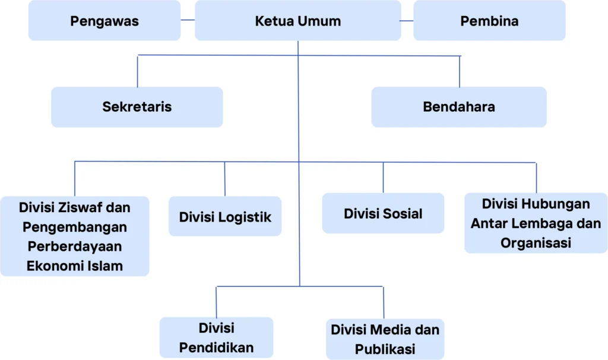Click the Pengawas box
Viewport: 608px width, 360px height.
104,20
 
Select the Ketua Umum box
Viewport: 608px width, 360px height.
298,20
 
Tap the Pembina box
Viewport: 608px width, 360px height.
489,20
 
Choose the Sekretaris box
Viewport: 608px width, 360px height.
137,107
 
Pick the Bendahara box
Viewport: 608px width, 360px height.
459,107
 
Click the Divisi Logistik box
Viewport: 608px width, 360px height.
225,216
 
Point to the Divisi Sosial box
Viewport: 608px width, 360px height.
383,213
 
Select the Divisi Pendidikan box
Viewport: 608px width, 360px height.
216,337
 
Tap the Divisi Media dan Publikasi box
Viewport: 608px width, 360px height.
385,339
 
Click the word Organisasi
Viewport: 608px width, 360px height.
536,243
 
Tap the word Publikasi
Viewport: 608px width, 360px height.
385,349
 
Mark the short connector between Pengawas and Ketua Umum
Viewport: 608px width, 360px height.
188,20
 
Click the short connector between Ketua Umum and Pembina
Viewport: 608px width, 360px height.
407,21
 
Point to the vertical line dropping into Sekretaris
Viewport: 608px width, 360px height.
137,71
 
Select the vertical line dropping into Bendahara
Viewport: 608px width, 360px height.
460,71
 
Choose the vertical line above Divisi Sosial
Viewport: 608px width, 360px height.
383,177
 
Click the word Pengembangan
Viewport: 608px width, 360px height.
75,228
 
